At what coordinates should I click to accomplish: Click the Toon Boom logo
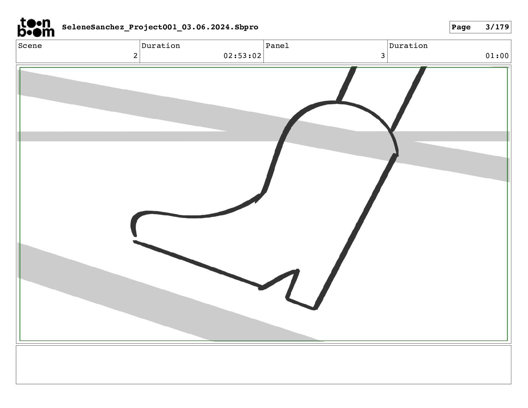(36, 27)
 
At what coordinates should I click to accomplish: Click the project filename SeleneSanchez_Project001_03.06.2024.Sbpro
(160, 27)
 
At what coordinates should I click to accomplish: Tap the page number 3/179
(497, 27)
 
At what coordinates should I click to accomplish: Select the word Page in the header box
(461, 27)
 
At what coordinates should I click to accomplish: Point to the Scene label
(30, 46)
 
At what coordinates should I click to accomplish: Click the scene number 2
(135, 56)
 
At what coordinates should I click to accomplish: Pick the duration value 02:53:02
(242, 56)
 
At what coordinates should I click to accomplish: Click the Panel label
(277, 46)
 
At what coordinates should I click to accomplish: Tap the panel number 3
(383, 56)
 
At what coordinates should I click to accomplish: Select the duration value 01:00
(497, 56)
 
